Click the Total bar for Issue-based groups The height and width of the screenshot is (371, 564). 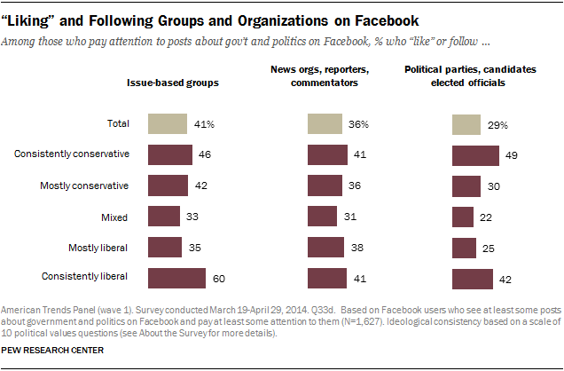point(168,123)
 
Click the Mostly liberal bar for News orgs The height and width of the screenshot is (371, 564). point(325,248)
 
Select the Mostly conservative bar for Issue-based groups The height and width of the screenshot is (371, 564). point(168,185)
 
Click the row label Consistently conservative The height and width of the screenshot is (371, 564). point(73,154)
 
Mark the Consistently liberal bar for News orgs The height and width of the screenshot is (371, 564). point(327,279)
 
